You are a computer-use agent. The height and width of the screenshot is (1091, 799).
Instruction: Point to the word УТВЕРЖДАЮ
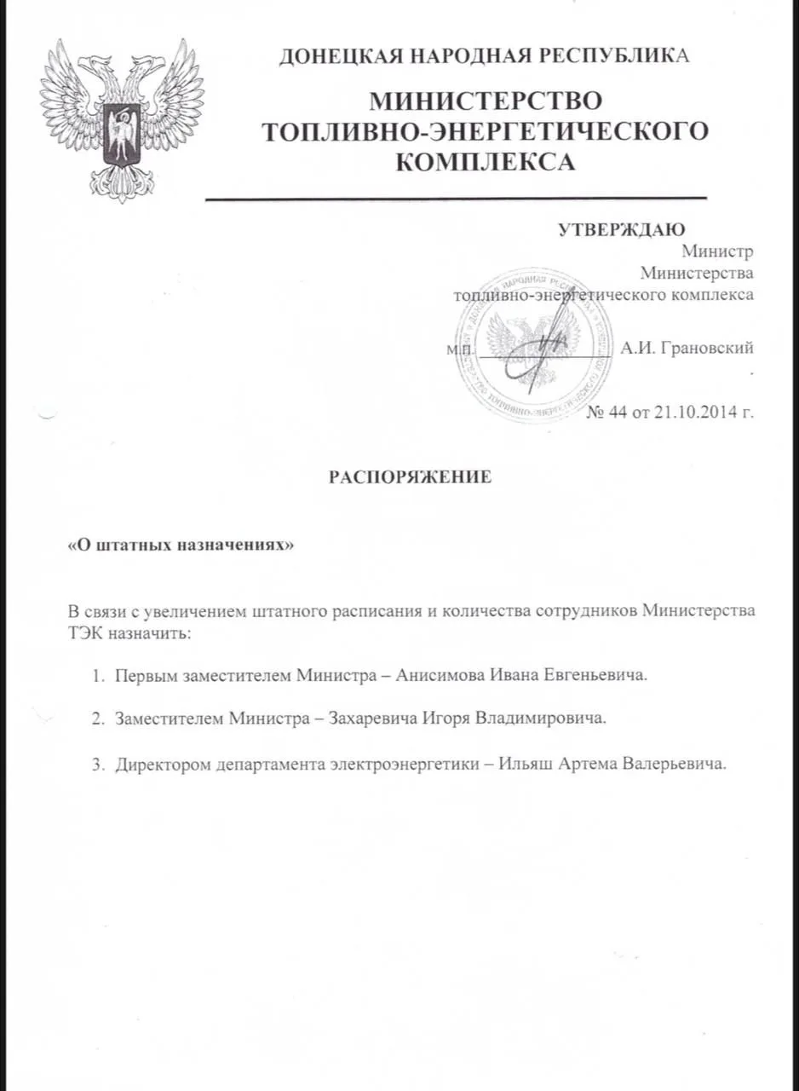(x=622, y=228)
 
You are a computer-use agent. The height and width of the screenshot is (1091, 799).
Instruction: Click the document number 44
(x=617, y=413)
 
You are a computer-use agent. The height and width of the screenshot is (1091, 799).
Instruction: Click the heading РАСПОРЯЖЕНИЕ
(x=411, y=477)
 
